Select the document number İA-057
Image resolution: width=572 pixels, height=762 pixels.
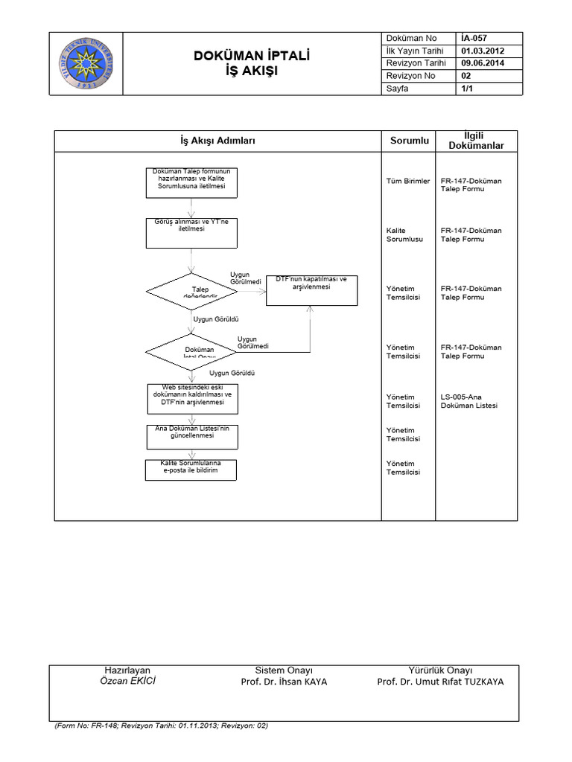[474, 38]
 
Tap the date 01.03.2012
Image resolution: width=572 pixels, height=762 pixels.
[484, 51]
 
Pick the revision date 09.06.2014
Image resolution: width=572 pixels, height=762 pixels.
[484, 63]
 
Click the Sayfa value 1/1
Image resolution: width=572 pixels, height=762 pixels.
[467, 89]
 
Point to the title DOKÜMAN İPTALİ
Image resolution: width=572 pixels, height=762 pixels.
[251, 56]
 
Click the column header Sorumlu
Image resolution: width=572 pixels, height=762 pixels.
[410, 140]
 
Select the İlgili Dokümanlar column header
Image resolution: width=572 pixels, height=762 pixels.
[476, 140]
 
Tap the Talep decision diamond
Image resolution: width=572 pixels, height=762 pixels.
[193, 291]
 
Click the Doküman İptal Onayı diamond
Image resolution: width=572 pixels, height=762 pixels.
[193, 350]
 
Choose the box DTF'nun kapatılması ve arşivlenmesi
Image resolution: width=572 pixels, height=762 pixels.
[311, 289]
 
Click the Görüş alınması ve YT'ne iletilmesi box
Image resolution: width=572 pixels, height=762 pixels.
[193, 233]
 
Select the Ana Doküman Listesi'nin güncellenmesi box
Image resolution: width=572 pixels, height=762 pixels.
[193, 437]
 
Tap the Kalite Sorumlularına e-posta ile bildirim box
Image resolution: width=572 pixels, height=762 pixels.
[193, 470]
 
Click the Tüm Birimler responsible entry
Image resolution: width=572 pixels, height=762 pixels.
[408, 181]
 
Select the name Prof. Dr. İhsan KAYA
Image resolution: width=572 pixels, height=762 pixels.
[284, 682]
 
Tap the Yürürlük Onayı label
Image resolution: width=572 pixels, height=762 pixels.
[440, 670]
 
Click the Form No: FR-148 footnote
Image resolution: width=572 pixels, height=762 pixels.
[161, 725]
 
